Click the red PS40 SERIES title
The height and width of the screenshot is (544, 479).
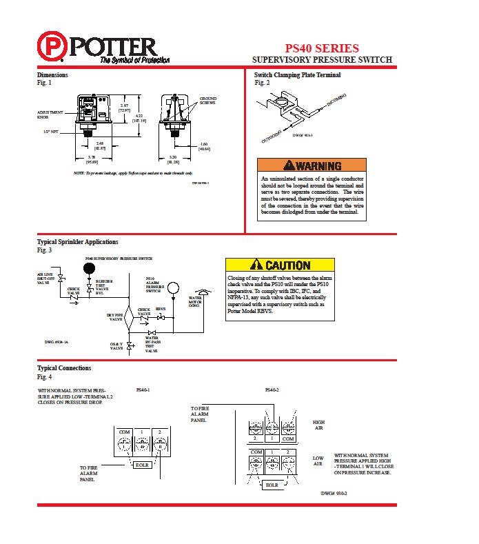coord(323,48)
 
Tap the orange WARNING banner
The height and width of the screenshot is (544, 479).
coord(311,166)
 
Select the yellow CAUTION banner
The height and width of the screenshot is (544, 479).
coord(280,265)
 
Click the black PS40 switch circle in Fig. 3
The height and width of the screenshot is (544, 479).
coord(89,268)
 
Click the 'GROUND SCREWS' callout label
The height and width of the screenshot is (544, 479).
coord(207,101)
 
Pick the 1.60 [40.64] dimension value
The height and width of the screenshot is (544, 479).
coord(204,146)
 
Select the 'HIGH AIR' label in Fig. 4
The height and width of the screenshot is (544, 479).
coord(318,425)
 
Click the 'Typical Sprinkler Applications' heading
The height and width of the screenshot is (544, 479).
coord(77,242)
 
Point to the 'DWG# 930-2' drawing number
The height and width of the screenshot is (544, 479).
coord(334,494)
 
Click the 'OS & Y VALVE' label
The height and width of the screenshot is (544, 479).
coord(116,346)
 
